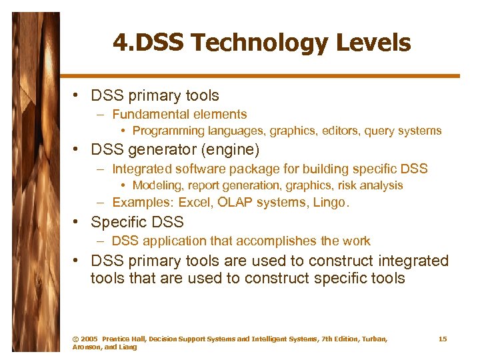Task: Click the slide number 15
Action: [443, 339]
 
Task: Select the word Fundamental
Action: [148, 115]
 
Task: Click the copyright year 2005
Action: [89, 339]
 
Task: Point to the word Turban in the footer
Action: [372, 339]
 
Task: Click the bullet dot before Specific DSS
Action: [78, 221]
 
